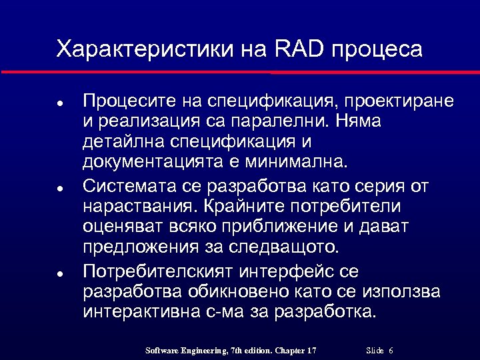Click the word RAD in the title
pyautogui.click(x=297, y=49)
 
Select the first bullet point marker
pyautogui.click(x=59, y=103)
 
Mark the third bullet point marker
pyautogui.click(x=59, y=274)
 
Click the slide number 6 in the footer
pyautogui.click(x=390, y=351)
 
